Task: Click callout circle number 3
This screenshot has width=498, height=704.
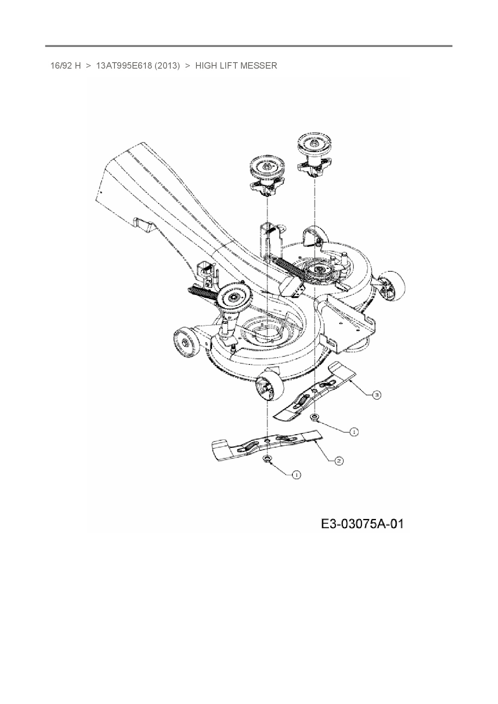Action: coord(376,395)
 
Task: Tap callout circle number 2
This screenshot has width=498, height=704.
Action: coord(339,461)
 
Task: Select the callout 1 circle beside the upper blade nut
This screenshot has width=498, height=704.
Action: coord(354,432)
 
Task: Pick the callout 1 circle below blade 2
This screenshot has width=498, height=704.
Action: coord(296,475)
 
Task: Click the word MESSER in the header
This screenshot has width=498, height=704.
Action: coord(260,65)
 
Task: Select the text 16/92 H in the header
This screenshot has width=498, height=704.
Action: coord(65,65)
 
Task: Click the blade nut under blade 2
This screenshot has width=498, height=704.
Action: coord(266,459)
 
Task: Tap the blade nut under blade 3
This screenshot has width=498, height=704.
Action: coord(315,418)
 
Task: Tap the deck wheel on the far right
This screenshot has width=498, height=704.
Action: coord(392,285)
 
